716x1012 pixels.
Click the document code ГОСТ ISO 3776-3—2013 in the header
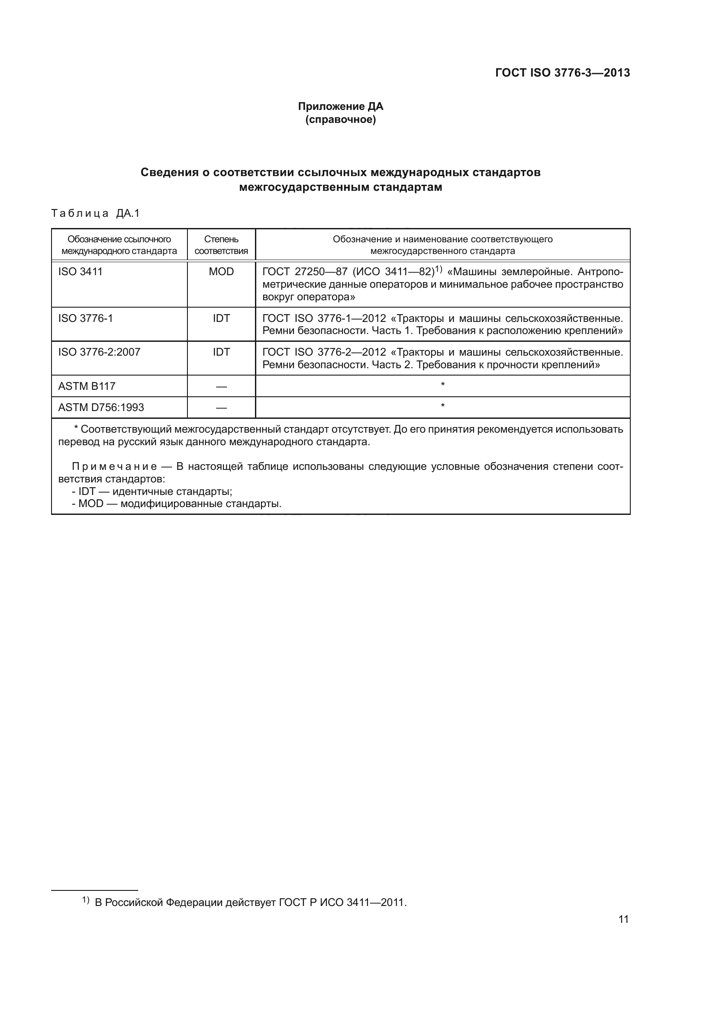[563, 73]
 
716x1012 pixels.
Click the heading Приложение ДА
[340, 106]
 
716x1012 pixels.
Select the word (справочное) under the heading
[340, 119]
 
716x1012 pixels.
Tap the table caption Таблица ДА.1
[95, 213]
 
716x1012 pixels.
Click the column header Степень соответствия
[221, 245]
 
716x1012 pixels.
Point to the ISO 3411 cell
[80, 272]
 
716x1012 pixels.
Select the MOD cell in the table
[221, 272]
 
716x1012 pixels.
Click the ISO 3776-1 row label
[86, 318]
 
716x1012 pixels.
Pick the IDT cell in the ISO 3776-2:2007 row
[221, 352]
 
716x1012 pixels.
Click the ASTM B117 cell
[87, 386]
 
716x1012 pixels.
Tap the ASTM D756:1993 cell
[101, 407]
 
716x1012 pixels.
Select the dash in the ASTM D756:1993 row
[221, 408]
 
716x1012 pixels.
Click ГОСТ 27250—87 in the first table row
[305, 272]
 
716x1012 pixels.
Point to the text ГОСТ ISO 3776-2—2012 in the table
[324, 352]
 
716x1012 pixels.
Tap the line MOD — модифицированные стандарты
[176, 503]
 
